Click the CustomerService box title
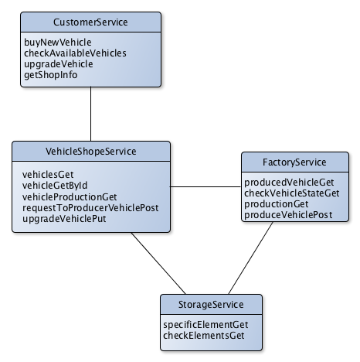click(x=90, y=22)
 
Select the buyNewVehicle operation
click(x=58, y=43)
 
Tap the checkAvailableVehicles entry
click(x=75, y=53)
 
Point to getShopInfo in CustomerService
click(x=51, y=75)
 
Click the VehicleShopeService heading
click(x=91, y=152)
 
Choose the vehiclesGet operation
click(x=48, y=175)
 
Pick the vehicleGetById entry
click(x=55, y=186)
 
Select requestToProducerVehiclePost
click(x=90, y=208)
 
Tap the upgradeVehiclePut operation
click(x=64, y=219)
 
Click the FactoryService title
click(x=294, y=162)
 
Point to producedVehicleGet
click(x=289, y=183)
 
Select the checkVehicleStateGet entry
click(x=292, y=193)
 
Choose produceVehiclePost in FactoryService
click(x=288, y=215)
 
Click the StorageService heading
click(x=211, y=305)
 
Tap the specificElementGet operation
click(x=205, y=325)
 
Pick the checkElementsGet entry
click(x=204, y=336)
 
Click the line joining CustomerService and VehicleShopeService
click(x=90, y=114)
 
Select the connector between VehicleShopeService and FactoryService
click(x=205, y=186)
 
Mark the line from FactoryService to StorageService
click(x=250, y=258)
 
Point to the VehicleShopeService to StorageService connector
click(x=158, y=263)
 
